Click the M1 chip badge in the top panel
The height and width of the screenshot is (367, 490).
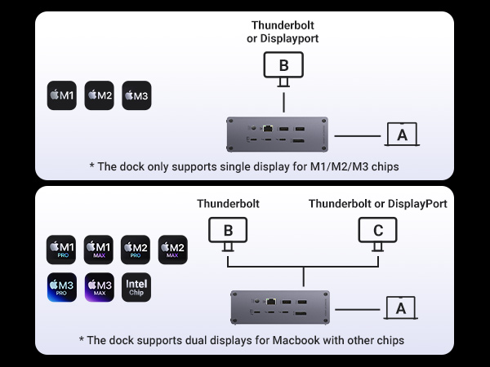(62, 96)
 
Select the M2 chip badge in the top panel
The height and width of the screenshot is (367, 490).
(99, 96)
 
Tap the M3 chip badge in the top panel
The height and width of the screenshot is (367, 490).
(136, 96)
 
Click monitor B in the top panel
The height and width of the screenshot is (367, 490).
(283, 65)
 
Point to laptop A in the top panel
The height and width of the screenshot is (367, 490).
(401, 135)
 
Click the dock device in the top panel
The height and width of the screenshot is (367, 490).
(277, 135)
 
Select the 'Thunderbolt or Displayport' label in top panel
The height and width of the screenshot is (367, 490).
(283, 32)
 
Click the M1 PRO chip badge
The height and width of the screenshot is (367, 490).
(62, 250)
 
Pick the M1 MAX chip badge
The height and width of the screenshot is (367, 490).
(99, 250)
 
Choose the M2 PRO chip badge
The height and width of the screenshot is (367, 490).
(136, 250)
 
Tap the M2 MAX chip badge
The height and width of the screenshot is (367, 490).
(172, 250)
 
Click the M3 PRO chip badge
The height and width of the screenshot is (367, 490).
(62, 287)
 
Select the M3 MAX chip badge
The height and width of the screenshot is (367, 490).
(99, 287)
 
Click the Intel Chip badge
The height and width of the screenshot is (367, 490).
(136, 287)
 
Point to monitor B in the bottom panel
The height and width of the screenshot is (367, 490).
(228, 231)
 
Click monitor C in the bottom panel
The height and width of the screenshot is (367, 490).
(378, 231)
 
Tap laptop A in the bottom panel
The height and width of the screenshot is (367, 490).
(401, 308)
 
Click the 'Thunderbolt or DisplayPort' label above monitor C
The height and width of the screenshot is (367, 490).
(377, 204)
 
